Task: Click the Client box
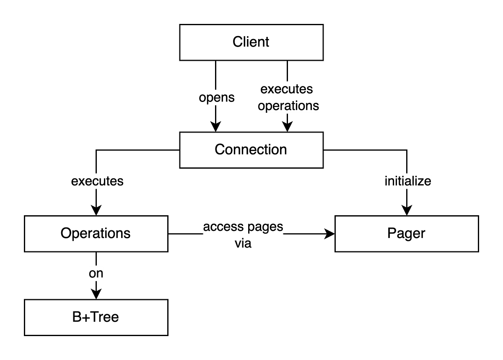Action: pos(251,42)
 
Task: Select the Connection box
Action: pos(251,150)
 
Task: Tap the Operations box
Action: pos(96,234)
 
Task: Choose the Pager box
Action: pos(407,234)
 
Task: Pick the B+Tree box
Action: pos(96,317)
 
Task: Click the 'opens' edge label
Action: pos(217,97)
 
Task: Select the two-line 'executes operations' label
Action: pos(288,97)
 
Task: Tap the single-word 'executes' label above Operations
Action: pos(97,181)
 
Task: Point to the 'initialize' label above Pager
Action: pos(407,181)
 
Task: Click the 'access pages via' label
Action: pos(243,235)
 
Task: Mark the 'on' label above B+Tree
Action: pos(96,274)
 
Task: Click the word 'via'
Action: pos(243,243)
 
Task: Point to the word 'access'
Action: pos(223,227)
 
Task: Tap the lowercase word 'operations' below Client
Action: pos(288,106)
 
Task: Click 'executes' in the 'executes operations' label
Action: pos(287,89)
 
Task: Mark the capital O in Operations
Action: pos(65,233)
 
